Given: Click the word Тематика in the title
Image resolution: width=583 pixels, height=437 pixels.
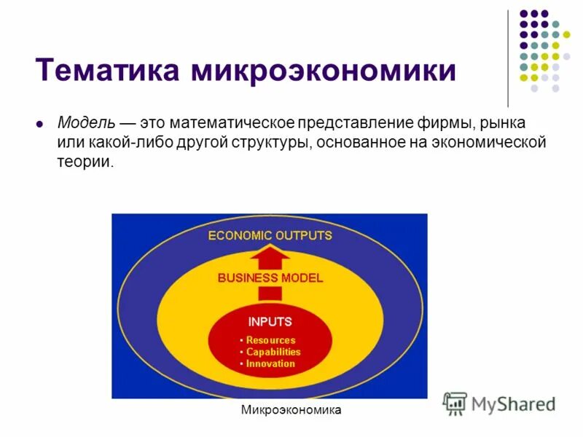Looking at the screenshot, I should [108, 71].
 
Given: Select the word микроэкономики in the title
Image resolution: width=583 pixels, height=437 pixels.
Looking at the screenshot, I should [324, 71].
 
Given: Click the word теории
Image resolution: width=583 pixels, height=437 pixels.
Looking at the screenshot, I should [85, 162].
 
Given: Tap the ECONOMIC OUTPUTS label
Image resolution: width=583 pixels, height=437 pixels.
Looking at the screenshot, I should [270, 236].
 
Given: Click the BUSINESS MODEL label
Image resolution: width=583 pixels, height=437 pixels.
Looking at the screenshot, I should [270, 278].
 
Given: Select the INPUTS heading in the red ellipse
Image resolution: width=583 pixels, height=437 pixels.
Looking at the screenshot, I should [270, 321].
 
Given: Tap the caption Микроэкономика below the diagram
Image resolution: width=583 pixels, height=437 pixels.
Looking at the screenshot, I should [291, 411].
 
